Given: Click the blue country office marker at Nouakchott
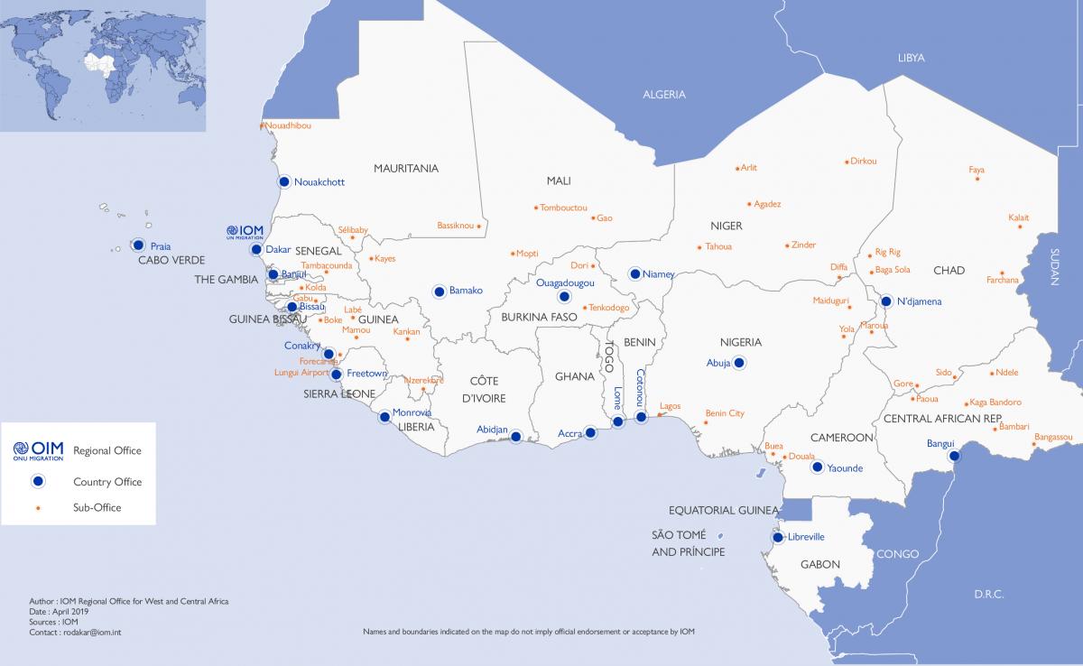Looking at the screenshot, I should (284, 181).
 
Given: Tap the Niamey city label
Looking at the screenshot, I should (658, 274).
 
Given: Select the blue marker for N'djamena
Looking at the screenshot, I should (886, 301).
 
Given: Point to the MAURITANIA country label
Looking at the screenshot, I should (406, 169).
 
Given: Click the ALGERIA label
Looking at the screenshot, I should (663, 95).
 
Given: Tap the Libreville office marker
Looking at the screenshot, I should (777, 538).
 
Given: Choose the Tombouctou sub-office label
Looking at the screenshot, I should (563, 208).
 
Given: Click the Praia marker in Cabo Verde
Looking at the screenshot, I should (138, 245).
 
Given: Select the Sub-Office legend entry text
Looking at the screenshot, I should (97, 508).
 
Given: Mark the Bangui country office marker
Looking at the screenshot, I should (954, 457).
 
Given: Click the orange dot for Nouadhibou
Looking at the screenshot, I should (263, 125).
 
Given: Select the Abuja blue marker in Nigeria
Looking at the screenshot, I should (739, 363).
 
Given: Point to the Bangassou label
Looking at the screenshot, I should (1053, 437).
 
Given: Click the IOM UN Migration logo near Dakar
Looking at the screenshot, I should (245, 232).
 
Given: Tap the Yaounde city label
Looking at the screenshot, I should (846, 468).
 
